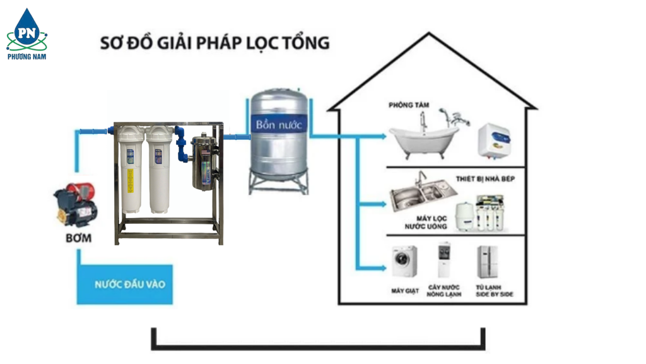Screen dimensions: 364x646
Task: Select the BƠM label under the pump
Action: (78, 238)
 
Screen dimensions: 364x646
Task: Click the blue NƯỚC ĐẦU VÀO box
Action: (124, 285)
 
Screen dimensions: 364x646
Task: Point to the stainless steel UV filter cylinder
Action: (204, 161)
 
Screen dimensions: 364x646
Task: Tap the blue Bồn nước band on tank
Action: (279, 124)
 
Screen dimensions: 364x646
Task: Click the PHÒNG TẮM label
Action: (409, 105)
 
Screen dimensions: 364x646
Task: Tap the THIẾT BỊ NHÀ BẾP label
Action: (485, 179)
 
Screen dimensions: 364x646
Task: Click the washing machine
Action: (404, 262)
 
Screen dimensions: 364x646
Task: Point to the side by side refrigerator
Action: (487, 262)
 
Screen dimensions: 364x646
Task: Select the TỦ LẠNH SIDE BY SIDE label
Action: (494, 291)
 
